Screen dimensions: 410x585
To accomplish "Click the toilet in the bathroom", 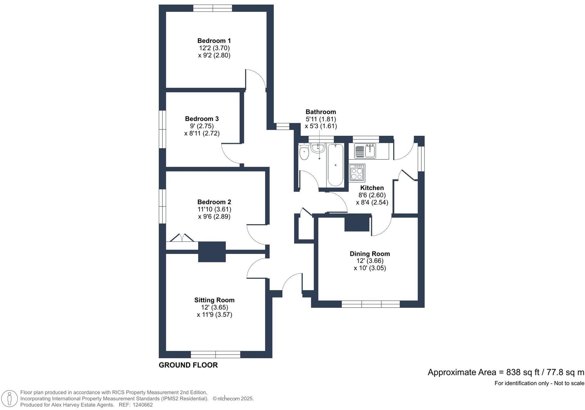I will [304, 153].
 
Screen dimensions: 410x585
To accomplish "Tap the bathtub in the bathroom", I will [335, 165].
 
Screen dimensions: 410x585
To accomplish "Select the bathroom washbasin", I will [317, 148].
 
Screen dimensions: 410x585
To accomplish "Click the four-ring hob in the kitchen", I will [357, 173].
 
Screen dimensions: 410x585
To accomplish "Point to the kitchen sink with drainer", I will [365, 151].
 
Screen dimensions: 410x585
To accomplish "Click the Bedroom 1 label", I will [214, 41].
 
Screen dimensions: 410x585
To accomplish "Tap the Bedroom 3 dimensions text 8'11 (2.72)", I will [202, 133].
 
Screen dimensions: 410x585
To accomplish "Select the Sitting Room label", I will [214, 300].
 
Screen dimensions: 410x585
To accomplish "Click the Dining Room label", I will [370, 254].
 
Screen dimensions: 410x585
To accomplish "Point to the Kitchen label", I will [372, 188].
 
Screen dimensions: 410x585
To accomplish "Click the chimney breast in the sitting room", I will [212, 252].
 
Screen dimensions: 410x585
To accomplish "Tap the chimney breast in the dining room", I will [357, 223].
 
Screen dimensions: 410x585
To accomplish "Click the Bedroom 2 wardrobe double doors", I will [182, 238].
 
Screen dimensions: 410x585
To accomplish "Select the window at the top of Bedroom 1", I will [213, 8].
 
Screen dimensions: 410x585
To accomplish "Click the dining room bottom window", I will [371, 304].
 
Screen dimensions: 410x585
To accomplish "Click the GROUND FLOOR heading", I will [188, 365].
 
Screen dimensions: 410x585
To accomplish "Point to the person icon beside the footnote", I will [9, 398].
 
